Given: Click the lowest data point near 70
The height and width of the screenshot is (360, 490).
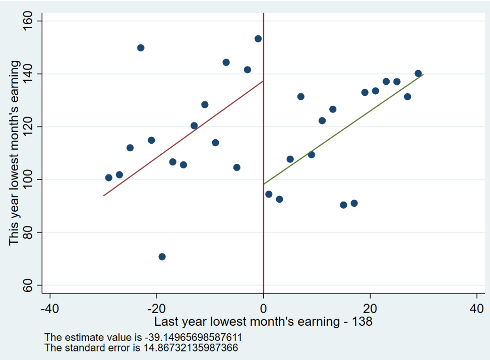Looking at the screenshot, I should pyautogui.click(x=162, y=257).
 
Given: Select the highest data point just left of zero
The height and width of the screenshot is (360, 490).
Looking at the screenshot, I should pyautogui.click(x=258, y=39).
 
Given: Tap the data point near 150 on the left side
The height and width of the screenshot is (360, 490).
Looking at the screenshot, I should pyautogui.click(x=141, y=48).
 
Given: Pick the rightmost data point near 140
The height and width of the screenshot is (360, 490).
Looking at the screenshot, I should pyautogui.click(x=418, y=73).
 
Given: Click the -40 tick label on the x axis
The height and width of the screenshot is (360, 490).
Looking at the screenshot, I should pyautogui.click(x=49, y=308).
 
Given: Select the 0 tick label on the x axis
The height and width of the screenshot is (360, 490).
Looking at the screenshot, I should pyautogui.click(x=263, y=308).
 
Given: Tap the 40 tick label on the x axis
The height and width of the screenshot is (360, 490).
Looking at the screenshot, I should pyautogui.click(x=477, y=308).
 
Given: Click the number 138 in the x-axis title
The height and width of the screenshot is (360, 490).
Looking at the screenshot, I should pyautogui.click(x=362, y=322).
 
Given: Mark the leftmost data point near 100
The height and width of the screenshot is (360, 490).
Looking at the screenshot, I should pyautogui.click(x=108, y=177).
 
